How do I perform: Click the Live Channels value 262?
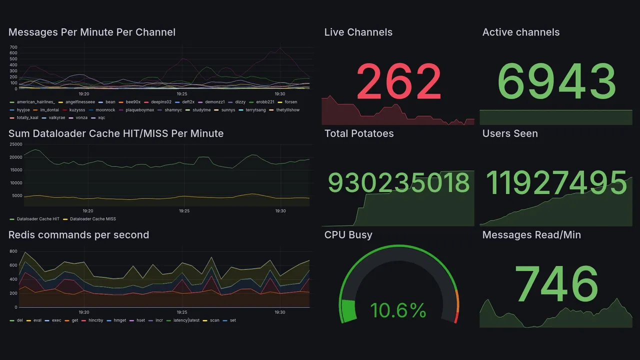click(398, 81)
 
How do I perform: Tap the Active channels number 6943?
click(557, 81)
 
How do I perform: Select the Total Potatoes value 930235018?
click(398, 183)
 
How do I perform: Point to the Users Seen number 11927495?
click(556, 183)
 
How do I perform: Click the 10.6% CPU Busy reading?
click(398, 310)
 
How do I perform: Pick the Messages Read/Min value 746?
click(556, 284)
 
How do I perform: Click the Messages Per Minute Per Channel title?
click(92, 32)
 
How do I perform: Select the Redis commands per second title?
click(78, 235)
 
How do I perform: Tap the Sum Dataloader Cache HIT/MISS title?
click(116, 133)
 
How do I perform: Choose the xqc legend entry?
click(101, 118)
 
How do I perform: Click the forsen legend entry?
click(290, 102)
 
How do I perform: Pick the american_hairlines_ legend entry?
click(35, 102)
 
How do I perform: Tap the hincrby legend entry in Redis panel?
click(95, 320)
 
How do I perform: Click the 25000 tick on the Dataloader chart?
click(16, 144)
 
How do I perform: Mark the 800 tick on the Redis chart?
click(13, 251)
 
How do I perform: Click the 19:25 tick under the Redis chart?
click(182, 312)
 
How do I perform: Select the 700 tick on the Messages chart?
click(13, 47)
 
